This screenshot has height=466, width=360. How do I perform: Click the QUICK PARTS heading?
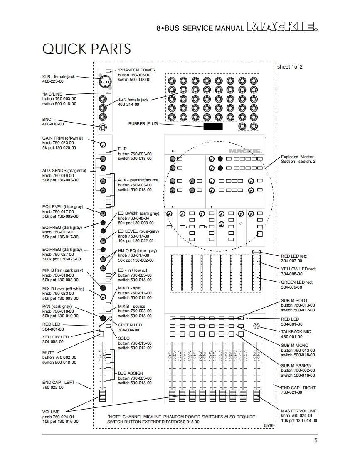coord(86,49)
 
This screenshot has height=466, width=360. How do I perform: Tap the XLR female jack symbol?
coord(103,81)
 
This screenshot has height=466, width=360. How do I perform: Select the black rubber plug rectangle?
coord(213,126)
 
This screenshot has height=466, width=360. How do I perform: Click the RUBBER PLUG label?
coord(143,124)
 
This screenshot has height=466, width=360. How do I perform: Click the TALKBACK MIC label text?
coord(296,332)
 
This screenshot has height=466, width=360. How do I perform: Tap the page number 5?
coord(316,441)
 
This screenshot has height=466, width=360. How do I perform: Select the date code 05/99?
coord(269,425)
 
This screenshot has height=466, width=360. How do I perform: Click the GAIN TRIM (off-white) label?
coord(62,138)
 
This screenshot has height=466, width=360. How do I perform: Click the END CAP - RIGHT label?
coord(298,388)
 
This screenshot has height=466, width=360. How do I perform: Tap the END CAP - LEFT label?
coord(58,382)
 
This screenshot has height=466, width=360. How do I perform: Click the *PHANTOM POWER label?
coord(136,70)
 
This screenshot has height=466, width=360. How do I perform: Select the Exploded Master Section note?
coord(298,159)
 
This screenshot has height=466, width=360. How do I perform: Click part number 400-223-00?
coord(53,82)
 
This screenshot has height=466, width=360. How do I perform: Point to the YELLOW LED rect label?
coord(298,269)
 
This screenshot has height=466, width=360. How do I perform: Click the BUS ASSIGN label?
coord(131,373)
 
